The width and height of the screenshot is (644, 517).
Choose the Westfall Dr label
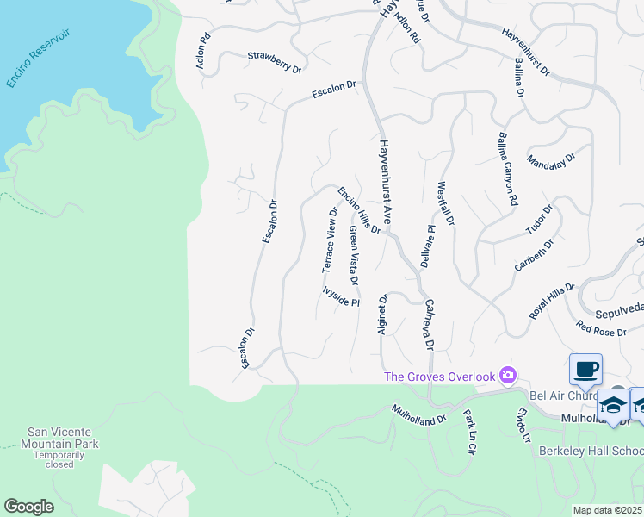(x=444, y=202)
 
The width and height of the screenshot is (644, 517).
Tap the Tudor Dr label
(x=539, y=220)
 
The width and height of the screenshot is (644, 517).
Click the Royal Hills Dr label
(x=552, y=301)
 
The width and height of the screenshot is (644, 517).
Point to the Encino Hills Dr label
(x=359, y=210)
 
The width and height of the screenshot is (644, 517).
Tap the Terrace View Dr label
(x=330, y=240)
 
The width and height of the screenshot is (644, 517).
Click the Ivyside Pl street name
(x=340, y=296)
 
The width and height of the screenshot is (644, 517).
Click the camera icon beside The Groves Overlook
(x=508, y=375)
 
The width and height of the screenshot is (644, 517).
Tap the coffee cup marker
(x=585, y=369)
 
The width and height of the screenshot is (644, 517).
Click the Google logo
(x=28, y=507)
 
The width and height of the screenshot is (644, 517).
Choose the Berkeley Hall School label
(x=591, y=451)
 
